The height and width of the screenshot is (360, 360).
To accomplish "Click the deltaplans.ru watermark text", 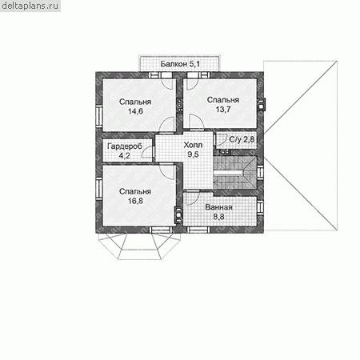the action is [x=30, y=6].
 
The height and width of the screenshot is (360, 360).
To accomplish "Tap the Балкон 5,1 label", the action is [x=180, y=64].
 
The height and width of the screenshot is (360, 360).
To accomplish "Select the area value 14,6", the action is [x=135, y=111].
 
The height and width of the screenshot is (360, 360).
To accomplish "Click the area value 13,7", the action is [x=223, y=110].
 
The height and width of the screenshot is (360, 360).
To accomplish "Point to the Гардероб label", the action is [x=125, y=146].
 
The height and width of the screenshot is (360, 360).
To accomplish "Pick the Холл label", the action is [x=193, y=145].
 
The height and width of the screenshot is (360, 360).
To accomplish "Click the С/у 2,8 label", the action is [x=242, y=139].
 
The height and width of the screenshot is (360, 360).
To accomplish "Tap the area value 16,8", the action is [x=135, y=201].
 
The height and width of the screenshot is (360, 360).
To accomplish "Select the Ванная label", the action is [x=218, y=207].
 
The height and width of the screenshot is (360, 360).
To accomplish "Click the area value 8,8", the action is [x=218, y=217].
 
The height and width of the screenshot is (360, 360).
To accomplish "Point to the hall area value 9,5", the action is [x=193, y=154].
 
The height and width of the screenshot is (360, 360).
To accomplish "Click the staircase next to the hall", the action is [x=234, y=173].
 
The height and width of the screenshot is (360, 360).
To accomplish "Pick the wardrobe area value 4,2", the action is [x=125, y=156].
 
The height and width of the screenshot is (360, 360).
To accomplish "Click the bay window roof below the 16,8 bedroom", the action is [x=139, y=246].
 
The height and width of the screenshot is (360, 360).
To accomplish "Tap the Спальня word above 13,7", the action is [x=223, y=100].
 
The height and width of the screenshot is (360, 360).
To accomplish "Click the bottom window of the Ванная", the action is [x=198, y=230].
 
